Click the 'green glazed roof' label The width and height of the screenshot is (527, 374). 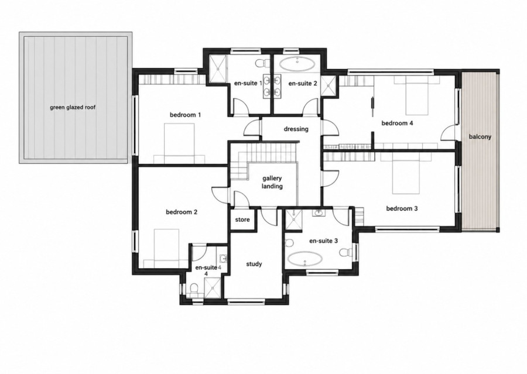coord(73,108)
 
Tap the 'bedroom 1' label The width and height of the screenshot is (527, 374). coord(185,115)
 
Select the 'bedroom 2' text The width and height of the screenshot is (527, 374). coord(182,212)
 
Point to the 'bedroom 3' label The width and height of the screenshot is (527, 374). coord(402,208)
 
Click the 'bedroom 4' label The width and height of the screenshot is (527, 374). coord(397,123)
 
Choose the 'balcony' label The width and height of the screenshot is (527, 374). coord(480,137)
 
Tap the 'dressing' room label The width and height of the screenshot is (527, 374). coord(296,129)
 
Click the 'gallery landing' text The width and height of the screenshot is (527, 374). coord(272,182)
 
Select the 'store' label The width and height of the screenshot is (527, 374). coord(242,219)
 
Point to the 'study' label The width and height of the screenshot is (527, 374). coord(254,264)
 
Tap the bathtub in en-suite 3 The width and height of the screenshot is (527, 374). coord(306,259)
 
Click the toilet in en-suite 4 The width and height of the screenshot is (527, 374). coord(194,289)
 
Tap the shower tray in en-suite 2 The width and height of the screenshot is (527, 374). coord(329,85)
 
